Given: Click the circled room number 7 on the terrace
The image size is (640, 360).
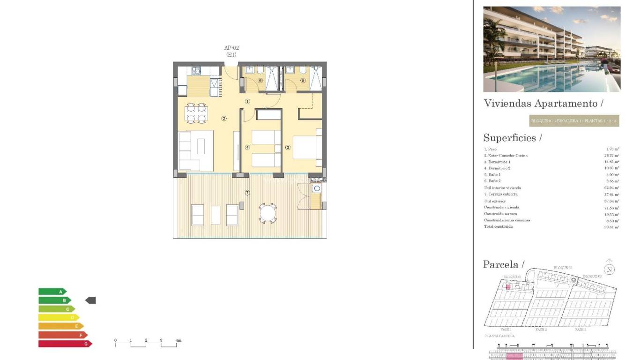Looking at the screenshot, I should pos(247,193).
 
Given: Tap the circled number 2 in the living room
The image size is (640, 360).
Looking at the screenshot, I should pos(224,119).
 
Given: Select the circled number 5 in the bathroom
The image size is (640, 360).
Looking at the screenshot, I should pos(303,81).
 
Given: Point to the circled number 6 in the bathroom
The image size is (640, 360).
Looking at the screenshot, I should pos(260,81).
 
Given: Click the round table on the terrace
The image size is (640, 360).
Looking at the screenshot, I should pos(268,213).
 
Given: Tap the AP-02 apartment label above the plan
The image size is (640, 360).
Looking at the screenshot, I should pos(231,48).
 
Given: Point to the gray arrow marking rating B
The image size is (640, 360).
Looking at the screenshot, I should pos(90,300).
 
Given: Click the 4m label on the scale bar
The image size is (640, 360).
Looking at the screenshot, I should pos(178,340).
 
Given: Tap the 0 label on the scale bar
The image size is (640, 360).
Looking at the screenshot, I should pos(115,340).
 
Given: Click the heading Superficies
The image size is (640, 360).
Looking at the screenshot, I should pos(512,138).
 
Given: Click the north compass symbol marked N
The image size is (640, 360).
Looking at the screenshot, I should pos(609,269).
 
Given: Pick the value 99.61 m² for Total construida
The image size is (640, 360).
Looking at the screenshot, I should pos(611,227).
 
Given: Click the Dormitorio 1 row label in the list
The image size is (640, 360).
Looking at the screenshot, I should pos(497,162).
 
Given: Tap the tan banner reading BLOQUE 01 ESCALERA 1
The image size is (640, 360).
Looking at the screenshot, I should pos(574,121).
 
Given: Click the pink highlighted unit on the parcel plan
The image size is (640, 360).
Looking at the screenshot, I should pos(508,286).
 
